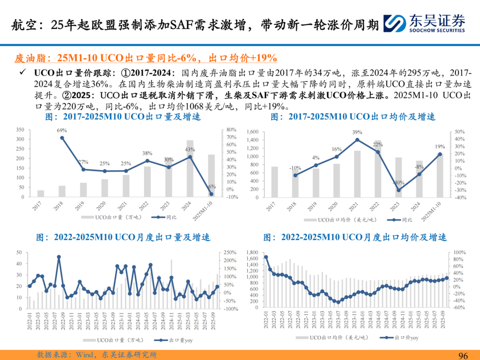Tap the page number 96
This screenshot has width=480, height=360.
[464, 355]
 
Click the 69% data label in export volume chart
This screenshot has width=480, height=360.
[62, 130]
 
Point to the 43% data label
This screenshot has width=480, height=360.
[190, 149]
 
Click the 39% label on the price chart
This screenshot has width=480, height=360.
[357, 132]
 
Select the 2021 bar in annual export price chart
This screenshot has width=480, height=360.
[357, 174]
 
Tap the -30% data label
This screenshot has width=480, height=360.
[398, 183]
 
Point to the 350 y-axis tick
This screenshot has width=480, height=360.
[20, 130]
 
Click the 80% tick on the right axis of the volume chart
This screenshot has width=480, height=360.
[231, 130]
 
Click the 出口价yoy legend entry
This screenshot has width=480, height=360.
[402, 338]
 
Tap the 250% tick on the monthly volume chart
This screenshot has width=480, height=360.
[230, 252]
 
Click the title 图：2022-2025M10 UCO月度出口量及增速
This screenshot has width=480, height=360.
[123, 238]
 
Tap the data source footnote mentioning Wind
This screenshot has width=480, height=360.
[97, 355]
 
